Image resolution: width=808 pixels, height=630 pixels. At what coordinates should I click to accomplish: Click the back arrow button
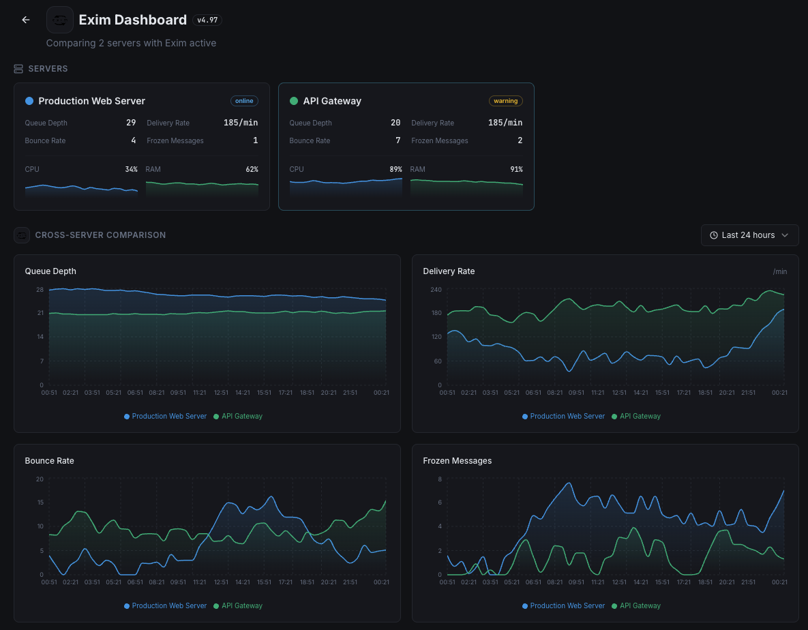(x=26, y=20)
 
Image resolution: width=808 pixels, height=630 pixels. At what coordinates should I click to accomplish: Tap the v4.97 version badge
(x=207, y=20)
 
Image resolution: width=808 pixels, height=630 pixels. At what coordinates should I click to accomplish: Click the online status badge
(x=244, y=101)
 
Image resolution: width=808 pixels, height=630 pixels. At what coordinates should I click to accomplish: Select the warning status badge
(x=505, y=101)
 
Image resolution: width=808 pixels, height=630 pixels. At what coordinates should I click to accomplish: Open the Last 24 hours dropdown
(x=749, y=235)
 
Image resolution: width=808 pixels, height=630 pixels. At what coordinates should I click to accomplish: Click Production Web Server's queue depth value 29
(x=131, y=123)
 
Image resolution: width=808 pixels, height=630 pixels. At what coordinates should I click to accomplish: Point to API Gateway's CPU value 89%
(x=394, y=169)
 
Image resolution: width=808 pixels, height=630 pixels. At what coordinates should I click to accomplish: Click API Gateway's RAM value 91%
(x=516, y=169)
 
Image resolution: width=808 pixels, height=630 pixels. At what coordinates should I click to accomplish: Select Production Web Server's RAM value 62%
(x=252, y=169)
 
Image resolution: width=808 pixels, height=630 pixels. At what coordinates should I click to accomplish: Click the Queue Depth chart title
(x=50, y=271)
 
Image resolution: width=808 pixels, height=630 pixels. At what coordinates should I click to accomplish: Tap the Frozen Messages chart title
(x=457, y=461)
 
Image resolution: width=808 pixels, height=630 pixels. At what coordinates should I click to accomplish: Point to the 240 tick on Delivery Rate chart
(x=436, y=290)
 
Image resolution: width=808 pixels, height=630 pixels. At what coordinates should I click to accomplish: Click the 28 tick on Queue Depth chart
(x=40, y=290)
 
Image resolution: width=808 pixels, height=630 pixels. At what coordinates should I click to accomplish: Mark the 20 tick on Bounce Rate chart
(x=40, y=479)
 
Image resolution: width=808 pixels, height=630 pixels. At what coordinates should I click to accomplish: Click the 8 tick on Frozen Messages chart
(x=439, y=479)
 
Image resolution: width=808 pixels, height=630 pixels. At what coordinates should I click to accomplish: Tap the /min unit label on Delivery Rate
(x=779, y=271)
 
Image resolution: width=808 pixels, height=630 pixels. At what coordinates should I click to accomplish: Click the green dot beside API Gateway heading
(x=294, y=101)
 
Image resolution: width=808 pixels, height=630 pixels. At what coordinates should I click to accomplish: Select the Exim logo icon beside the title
(x=60, y=20)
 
